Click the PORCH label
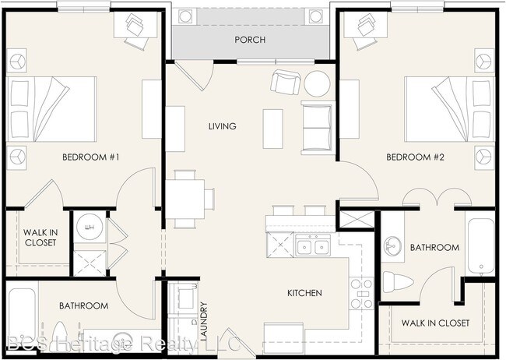250,40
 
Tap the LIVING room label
223,126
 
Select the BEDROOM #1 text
90,157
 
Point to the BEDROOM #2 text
416,157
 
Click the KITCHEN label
304,293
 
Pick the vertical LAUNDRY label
204,321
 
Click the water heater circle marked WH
90,228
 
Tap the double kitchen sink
312,247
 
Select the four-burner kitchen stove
361,294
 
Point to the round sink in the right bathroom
392,246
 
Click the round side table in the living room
317,83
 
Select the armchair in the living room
286,82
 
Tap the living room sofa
318,128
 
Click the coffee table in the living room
273,129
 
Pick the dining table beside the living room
185,199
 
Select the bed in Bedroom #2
449,109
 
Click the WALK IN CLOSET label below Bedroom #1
40,238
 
